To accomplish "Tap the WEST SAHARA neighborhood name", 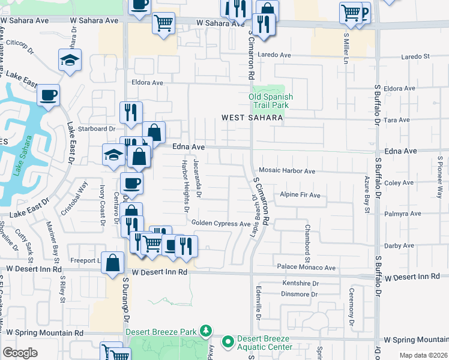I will [x=252, y=118].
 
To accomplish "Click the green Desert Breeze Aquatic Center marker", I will [x=228, y=343].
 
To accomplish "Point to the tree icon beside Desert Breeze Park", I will [x=206, y=331].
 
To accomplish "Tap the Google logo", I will [x=20, y=353].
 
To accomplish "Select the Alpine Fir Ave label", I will [x=300, y=196].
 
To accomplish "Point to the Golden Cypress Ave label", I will [x=221, y=224].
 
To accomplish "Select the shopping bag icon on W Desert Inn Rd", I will [x=113, y=262].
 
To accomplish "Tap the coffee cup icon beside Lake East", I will [x=49, y=95].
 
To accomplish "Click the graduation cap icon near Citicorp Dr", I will [x=70, y=60].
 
